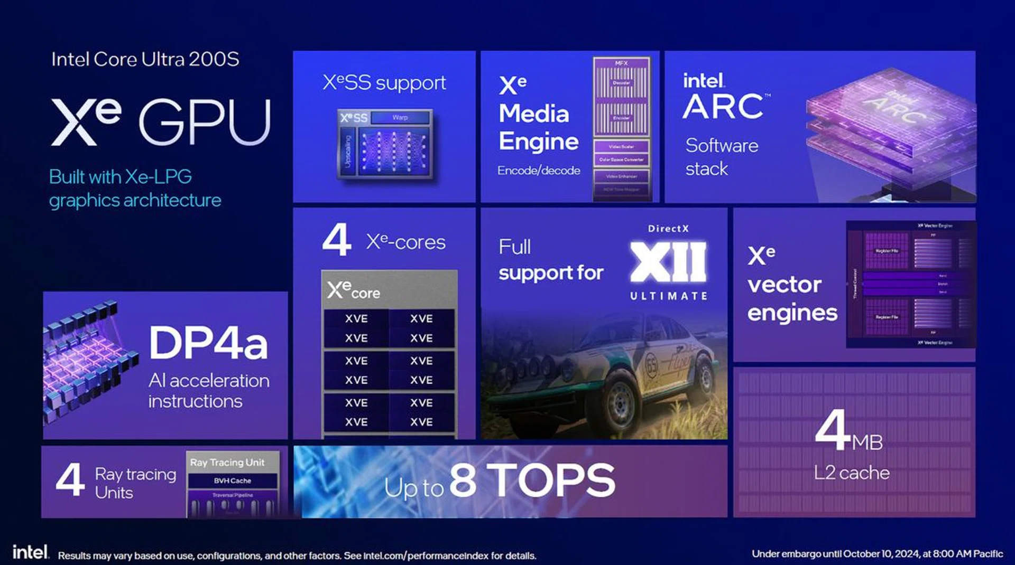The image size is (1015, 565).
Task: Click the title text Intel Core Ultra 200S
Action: point(145,59)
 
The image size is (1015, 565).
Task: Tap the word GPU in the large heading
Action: point(205,122)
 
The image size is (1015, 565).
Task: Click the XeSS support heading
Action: point(384,83)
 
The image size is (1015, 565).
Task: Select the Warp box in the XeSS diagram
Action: point(400,117)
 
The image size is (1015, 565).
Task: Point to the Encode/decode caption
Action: point(538,171)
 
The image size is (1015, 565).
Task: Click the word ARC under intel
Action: point(723,107)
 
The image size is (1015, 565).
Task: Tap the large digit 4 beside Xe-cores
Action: point(336,240)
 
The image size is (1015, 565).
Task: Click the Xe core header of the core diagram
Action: point(354,290)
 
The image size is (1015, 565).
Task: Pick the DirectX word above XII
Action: point(668,229)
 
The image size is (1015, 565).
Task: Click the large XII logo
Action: point(668,262)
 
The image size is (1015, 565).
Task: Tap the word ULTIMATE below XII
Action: point(668,296)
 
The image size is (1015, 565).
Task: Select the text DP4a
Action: point(208,343)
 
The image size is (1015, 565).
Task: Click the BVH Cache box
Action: point(232,481)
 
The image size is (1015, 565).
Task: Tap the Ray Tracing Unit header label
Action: point(227,463)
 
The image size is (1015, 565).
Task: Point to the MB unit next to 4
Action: point(867,442)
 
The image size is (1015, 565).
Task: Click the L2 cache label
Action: point(851,473)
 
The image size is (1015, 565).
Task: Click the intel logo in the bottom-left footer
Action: point(30,552)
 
